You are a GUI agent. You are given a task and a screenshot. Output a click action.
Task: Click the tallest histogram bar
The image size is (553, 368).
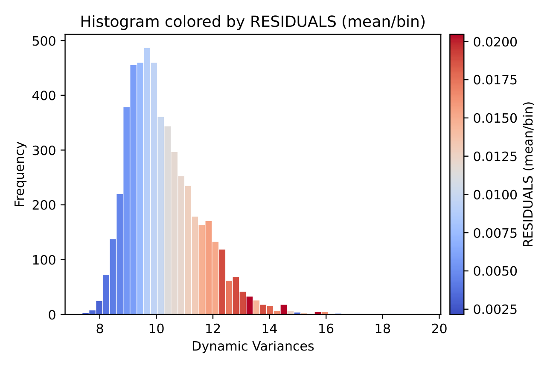(147, 181)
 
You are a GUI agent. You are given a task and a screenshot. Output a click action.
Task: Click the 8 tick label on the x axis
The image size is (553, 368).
(99, 328)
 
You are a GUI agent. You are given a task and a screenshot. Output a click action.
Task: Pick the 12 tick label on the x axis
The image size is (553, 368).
(213, 328)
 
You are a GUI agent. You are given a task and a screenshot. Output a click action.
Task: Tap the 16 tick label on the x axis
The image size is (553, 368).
(326, 328)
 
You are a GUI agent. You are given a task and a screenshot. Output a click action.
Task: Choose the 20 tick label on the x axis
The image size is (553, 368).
(439, 328)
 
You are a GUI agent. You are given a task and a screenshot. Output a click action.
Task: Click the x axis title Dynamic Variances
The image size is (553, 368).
(253, 346)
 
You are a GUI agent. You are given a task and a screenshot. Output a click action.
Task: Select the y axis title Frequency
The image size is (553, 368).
(20, 175)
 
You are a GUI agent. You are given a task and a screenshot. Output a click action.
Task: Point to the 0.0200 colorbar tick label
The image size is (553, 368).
(495, 42)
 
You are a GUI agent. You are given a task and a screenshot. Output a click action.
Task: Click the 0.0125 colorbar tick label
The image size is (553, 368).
(495, 156)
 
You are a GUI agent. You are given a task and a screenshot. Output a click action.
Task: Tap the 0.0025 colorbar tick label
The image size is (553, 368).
(495, 309)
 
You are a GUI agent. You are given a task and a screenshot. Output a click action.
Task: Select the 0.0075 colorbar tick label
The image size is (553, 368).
(495, 233)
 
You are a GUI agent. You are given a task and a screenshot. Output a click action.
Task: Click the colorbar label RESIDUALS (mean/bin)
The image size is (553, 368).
(528, 174)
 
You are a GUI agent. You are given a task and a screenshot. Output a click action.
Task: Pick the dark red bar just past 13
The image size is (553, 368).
(249, 305)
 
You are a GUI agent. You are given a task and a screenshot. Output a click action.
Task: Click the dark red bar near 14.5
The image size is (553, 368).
(283, 310)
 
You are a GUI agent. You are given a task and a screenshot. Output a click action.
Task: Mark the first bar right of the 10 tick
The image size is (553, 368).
(160, 216)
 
